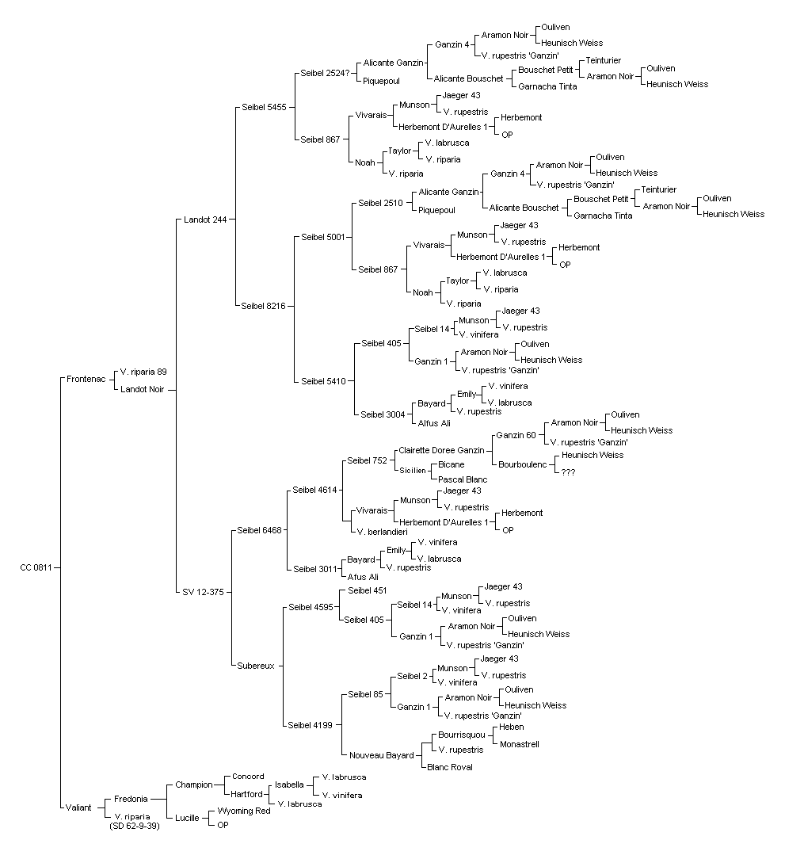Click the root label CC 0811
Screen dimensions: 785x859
tap(36, 567)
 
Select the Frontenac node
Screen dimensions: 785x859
tap(86, 379)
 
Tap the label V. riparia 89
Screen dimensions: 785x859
tap(143, 372)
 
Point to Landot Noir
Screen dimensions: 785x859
tap(143, 390)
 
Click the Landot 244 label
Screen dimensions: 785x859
tap(205, 220)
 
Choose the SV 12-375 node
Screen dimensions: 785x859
tap(204, 592)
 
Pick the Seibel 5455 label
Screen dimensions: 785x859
tap(264, 108)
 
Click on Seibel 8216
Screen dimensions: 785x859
tap(264, 306)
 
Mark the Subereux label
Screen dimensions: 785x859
tap(256, 666)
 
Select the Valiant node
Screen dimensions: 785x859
tap(78, 807)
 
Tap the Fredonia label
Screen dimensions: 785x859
tap(131, 800)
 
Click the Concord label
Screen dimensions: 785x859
tap(248, 777)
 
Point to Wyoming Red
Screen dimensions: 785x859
tap(244, 811)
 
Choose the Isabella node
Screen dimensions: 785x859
tap(289, 785)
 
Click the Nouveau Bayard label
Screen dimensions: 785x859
tap(382, 755)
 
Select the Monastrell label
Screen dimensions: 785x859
tap(520, 745)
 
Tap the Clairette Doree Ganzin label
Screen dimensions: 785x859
tap(441, 450)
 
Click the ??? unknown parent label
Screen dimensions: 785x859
tap(568, 472)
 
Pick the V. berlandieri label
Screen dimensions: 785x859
tap(382, 532)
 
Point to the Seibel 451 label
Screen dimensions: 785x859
tap(368, 590)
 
